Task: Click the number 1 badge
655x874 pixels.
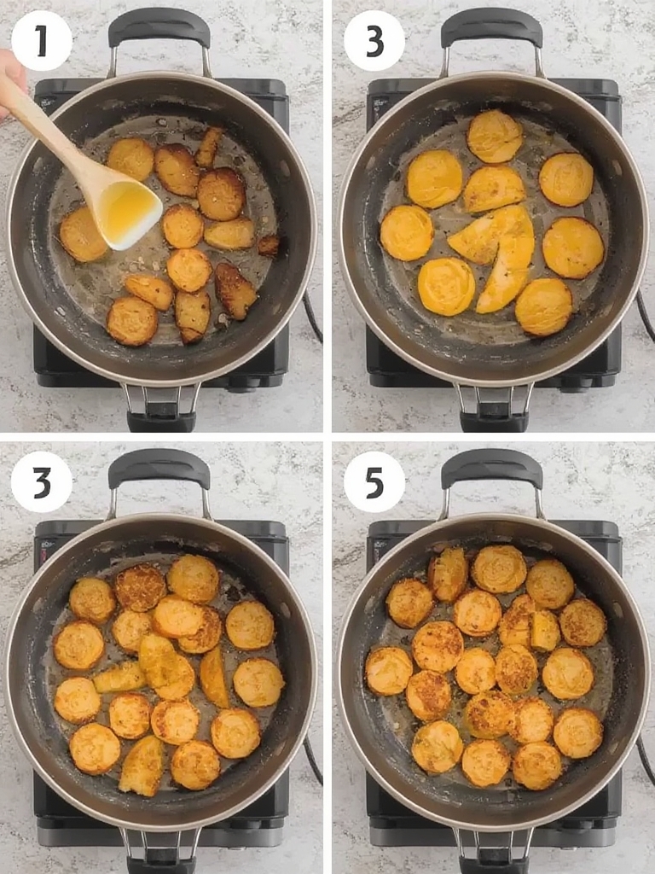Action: coord(42,41)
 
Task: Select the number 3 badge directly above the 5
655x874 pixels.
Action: coord(374,41)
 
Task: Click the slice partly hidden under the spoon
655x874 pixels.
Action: coord(83,234)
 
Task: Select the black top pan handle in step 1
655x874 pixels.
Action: coord(159,29)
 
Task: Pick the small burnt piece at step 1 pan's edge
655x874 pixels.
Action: coord(268,246)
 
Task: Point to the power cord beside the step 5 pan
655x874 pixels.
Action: coord(645,755)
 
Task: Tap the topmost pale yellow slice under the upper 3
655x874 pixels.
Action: coord(495,136)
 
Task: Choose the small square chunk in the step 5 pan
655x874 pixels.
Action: coord(545,630)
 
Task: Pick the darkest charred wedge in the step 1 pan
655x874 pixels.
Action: coord(235,290)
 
